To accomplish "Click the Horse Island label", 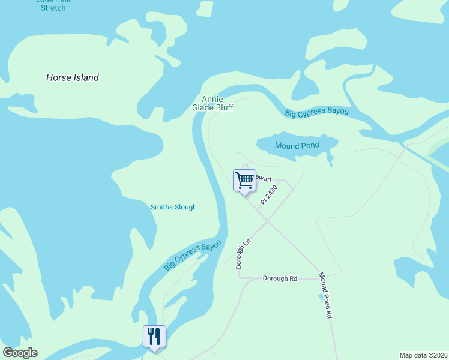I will (x=73, y=77).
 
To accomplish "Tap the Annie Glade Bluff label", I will (x=212, y=103).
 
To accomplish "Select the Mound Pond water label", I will (x=297, y=146).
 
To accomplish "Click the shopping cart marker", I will (x=244, y=181).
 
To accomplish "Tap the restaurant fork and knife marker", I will (x=154, y=337).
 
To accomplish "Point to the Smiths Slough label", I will (x=173, y=207).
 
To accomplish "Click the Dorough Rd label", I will (x=280, y=278).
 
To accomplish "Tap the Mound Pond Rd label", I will (x=325, y=295).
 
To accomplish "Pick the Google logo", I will (x=20, y=353).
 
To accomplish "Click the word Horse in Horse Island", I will (x=59, y=77).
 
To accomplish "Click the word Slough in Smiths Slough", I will (x=185, y=207).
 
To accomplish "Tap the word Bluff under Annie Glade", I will (x=223, y=107).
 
